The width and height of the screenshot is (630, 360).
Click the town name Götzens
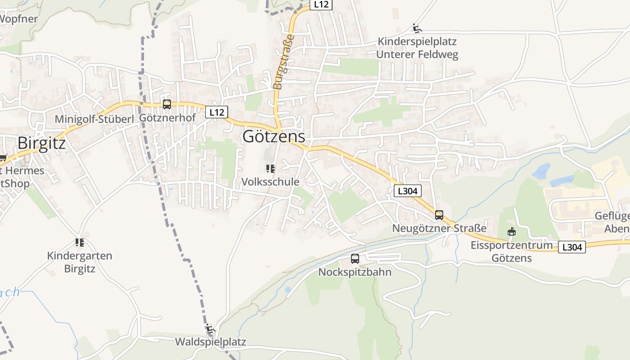coord(274,136)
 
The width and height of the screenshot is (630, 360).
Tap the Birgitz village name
coord(41,143)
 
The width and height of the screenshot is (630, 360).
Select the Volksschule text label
coord(270,182)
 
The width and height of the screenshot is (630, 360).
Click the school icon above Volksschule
coord(270,169)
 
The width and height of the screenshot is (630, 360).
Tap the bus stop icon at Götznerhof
coord(167,104)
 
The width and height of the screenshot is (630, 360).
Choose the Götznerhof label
coord(167,118)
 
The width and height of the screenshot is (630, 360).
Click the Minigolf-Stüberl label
coord(94,119)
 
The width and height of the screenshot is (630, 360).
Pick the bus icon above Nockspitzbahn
coord(355,259)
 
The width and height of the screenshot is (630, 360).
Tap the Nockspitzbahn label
coord(355,272)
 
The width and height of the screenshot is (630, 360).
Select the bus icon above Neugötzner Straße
coord(439,215)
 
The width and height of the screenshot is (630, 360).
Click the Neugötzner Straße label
coord(439,228)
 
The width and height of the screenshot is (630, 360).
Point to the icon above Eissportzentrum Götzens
coord(512,232)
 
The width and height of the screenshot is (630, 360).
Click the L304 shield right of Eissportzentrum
coord(572,247)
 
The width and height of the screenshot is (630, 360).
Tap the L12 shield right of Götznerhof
coord(216,112)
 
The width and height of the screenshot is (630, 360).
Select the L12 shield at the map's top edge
coord(321,4)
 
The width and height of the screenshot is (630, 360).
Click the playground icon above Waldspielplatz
coord(210,328)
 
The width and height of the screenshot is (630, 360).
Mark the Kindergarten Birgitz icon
coord(80,243)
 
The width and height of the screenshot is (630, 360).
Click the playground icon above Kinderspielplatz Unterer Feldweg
coord(417,28)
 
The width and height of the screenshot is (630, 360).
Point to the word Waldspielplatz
coord(210,342)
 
